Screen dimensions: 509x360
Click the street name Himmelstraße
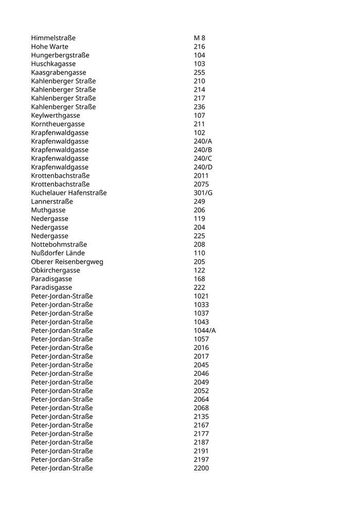53,38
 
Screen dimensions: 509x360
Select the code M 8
200,38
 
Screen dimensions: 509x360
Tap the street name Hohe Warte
49,47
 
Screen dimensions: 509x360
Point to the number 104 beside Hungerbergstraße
200,56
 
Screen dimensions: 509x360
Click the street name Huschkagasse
53,64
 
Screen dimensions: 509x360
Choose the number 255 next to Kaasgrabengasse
200,72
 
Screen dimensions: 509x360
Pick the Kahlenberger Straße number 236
200,107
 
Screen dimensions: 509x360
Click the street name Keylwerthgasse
56,116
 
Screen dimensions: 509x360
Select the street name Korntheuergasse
58,124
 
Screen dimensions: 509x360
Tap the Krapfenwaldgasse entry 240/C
203,158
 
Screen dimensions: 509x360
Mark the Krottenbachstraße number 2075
201,184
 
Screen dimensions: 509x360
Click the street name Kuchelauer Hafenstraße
69,193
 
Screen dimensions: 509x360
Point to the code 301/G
203,193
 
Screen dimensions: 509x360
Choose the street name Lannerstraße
52,202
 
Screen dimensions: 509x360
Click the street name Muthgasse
48,210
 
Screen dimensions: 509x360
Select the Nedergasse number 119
200,219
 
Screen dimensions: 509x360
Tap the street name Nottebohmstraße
59,244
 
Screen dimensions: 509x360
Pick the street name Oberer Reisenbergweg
67,262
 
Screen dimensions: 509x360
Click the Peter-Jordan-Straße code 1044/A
205,331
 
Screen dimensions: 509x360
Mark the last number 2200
201,468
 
